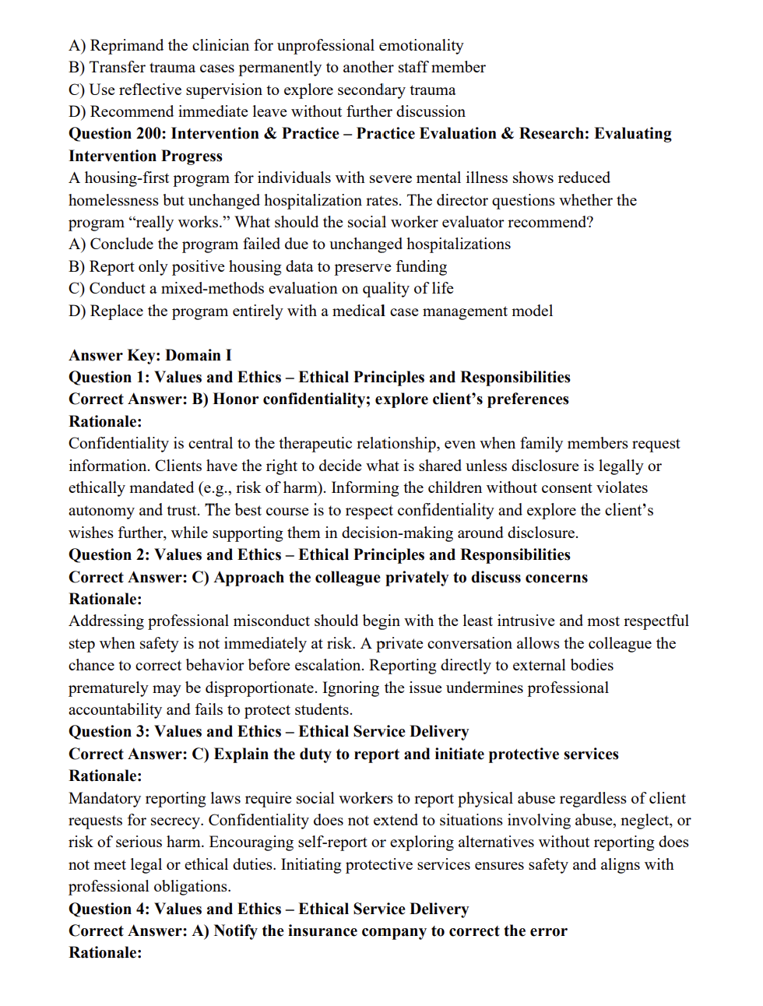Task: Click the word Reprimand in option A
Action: pos(126,45)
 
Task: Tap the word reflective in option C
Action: pos(153,90)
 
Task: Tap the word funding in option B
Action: pos(421,267)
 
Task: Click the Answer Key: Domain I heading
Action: pos(150,356)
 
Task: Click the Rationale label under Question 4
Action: pos(105,953)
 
